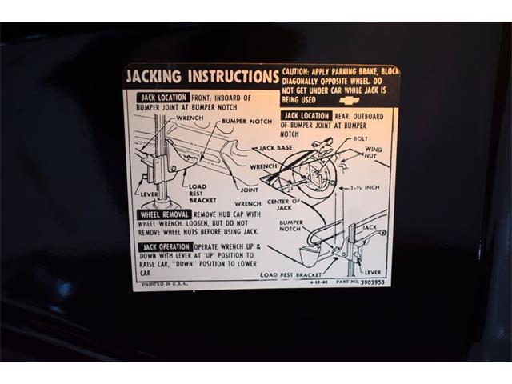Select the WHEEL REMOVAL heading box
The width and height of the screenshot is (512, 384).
[x=164, y=215]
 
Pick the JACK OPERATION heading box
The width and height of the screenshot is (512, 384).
[x=164, y=247]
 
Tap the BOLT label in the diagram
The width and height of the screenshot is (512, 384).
[x=361, y=139]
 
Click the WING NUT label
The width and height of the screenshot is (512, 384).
[x=374, y=154]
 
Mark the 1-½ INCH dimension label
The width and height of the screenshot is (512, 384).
[x=364, y=188]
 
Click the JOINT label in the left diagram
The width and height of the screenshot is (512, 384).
[x=250, y=190]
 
